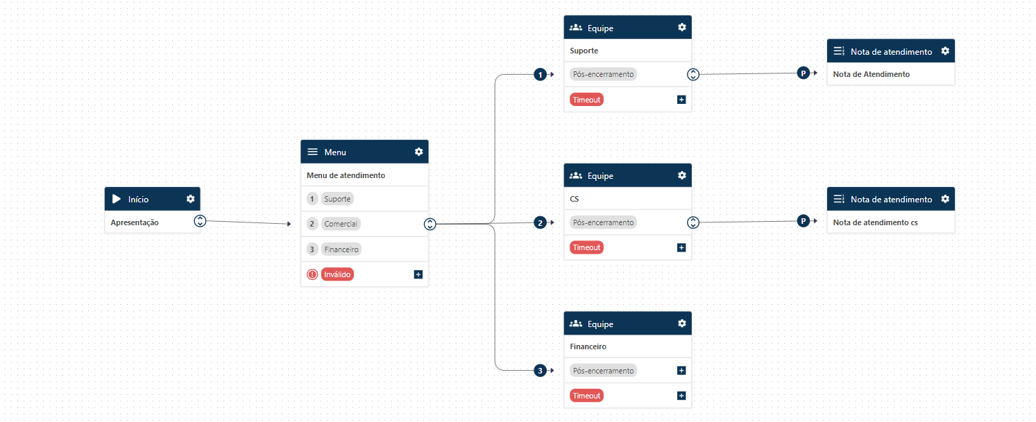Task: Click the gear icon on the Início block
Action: [191, 199]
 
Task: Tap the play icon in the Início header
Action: [117, 199]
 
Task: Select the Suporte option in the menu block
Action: [337, 199]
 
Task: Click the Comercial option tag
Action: [340, 224]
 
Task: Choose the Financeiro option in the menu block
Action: [342, 249]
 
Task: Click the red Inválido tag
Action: [337, 274]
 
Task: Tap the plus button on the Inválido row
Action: [418, 274]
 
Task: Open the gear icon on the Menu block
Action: [418, 152]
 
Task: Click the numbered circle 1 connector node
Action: [540, 74]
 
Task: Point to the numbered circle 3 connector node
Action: [540, 371]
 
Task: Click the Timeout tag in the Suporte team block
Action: [586, 100]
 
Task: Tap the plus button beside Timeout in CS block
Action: [681, 247]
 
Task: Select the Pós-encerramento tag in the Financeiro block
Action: [603, 371]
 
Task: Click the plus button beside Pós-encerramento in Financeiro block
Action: [681, 371]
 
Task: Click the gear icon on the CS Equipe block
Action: [682, 175]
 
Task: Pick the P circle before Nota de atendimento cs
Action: [803, 221]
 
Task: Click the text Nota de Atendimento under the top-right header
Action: [871, 74]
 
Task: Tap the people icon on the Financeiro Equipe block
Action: [575, 324]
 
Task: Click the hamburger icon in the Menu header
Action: [312, 152]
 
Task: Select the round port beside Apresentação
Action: [200, 221]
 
